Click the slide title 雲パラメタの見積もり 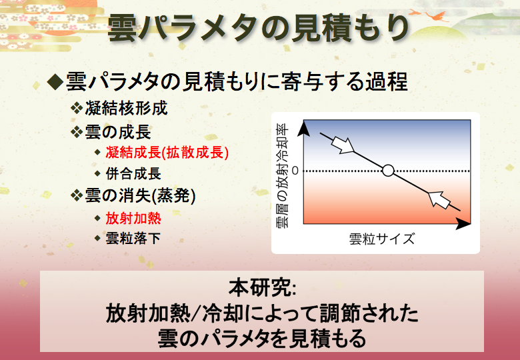259,29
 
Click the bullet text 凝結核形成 127,109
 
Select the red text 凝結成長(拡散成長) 167,153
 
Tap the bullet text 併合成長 133,174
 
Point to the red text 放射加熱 133,219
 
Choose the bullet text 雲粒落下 133,239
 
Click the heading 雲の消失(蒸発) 140,195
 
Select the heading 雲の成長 118,132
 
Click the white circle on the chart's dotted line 388,171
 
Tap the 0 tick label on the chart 295,171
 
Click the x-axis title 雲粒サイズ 382,239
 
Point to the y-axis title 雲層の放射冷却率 282,175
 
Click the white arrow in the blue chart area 343,145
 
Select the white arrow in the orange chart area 439,200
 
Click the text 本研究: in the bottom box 262,287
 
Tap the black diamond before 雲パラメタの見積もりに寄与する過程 55,82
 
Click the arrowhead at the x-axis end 463,224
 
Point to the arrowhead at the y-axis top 303,129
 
